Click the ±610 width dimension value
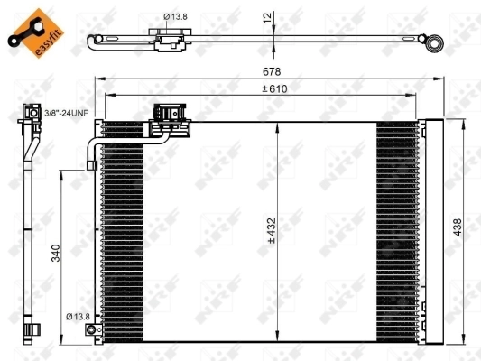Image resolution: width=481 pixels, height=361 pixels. (x=274, y=88)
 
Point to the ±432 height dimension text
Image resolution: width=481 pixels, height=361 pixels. (x=271, y=231)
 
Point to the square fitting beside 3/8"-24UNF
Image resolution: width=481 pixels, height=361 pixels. (x=25, y=114)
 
